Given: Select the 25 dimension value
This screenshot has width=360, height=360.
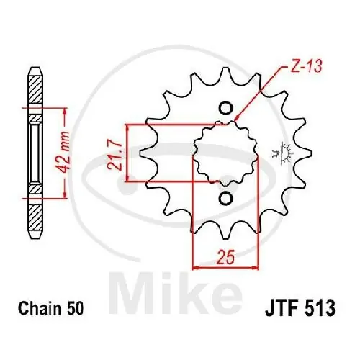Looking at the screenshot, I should point(224,254).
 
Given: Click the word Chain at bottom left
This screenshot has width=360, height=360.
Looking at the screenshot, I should point(47,310).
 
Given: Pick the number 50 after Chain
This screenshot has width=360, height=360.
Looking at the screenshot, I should point(76,310).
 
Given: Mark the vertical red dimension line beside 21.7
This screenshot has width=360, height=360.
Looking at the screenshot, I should point(127,153).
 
